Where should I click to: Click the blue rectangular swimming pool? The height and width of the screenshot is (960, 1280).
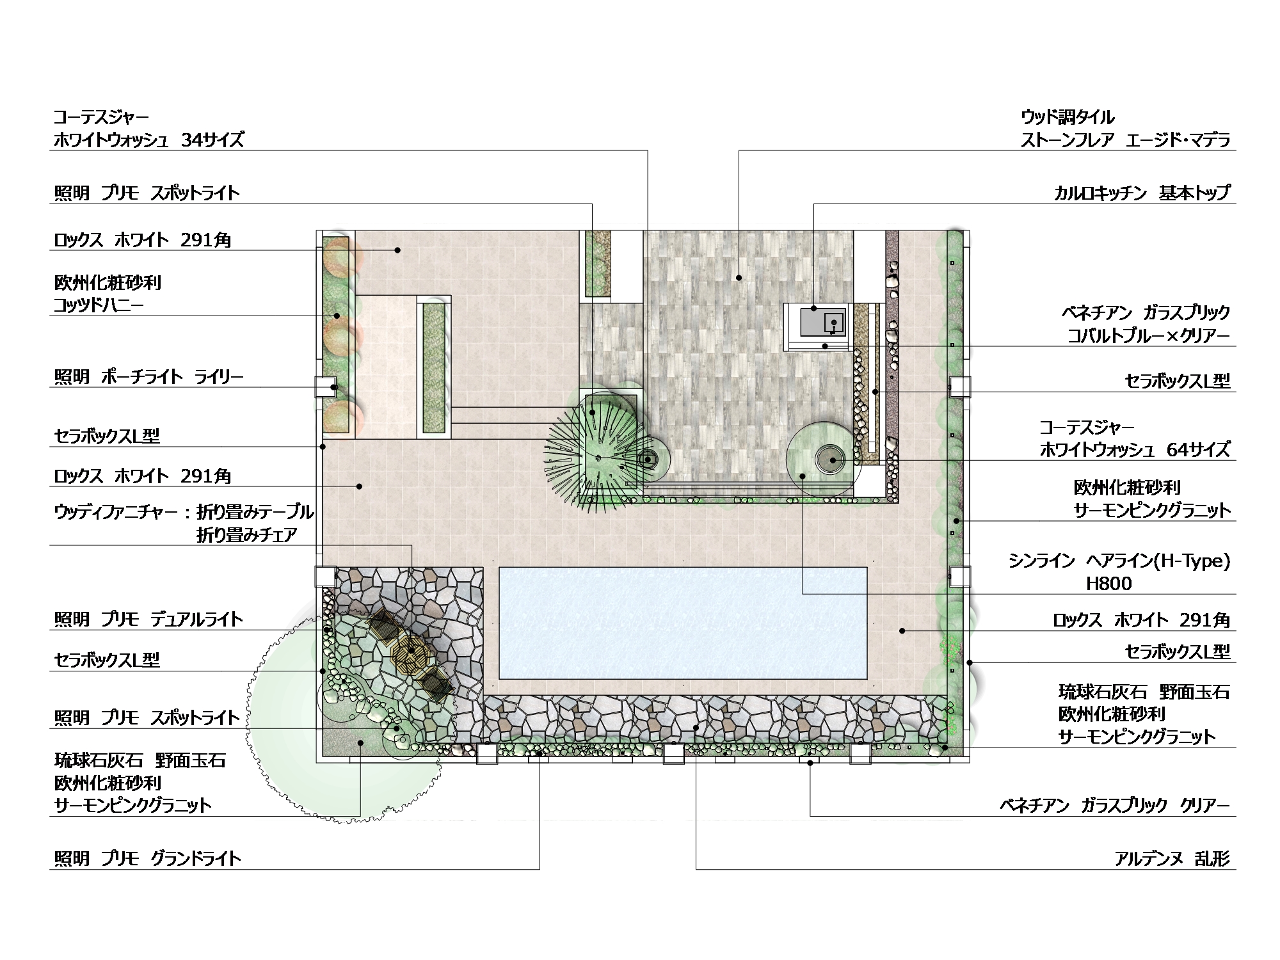point(683,623)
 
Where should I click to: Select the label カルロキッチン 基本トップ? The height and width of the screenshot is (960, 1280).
point(1142,193)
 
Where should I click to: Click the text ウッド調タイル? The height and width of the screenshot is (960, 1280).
point(1068,117)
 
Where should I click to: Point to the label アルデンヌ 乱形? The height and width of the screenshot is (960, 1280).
point(1172,858)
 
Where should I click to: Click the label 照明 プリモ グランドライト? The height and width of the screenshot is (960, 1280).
point(147,858)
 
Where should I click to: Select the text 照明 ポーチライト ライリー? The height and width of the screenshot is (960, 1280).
point(148,377)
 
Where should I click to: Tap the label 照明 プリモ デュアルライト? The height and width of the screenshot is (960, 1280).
point(148,619)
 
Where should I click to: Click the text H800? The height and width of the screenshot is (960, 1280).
point(1109,583)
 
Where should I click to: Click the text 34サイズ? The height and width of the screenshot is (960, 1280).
point(212,140)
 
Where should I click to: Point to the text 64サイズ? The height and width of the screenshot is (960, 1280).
point(1199,449)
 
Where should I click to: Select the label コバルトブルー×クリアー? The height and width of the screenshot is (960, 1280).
point(1149,335)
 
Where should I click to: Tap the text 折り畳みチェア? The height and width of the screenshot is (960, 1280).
point(247,535)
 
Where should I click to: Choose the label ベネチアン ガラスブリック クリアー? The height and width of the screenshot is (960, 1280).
point(1116,805)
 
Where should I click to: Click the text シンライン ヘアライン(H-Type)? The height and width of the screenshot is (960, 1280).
point(1119,561)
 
